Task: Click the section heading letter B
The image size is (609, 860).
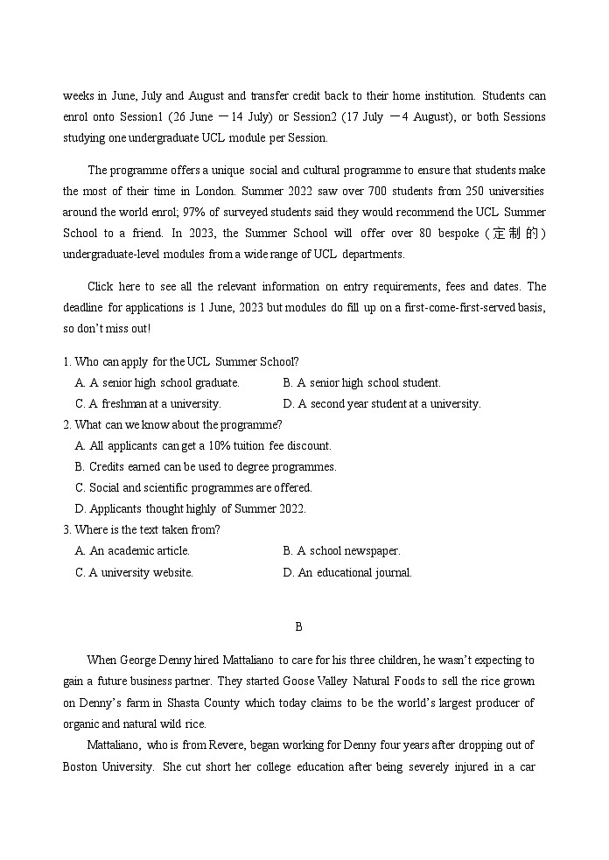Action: pos(298,626)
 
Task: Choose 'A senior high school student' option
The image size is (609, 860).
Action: pos(361,382)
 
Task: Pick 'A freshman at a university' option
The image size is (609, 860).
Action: pos(148,403)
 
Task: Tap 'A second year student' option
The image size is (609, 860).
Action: pos(381,403)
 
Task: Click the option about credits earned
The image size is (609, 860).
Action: pos(206,466)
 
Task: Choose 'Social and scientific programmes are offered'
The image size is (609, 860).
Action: pos(193,487)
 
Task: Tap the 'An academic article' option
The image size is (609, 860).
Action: pos(133,550)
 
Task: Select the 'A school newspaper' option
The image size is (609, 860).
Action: pos(341,550)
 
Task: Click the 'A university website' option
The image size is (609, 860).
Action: pos(135,572)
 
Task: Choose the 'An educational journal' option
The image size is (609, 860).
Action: pos(347,572)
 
